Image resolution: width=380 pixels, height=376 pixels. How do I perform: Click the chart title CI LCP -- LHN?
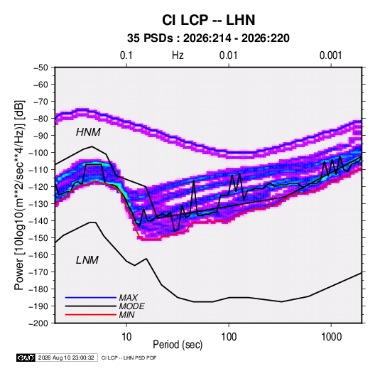[x=208, y=20]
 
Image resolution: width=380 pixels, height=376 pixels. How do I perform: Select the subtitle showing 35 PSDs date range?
[x=208, y=38]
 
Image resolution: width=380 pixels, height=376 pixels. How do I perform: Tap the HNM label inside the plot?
[x=88, y=132]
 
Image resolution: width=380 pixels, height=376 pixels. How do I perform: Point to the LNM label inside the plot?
[x=87, y=260]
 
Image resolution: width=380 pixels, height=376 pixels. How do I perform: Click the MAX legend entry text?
[x=129, y=298]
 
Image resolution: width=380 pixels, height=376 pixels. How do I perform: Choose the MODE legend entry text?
[x=132, y=306]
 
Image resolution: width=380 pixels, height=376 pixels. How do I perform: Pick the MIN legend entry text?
[x=126, y=315]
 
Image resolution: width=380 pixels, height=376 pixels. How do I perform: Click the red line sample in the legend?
[x=91, y=315]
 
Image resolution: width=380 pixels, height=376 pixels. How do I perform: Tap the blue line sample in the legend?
[x=91, y=298]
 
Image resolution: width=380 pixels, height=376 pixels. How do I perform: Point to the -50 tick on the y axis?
[x=40, y=68]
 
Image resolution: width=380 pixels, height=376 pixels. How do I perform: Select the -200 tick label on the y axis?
[x=38, y=323]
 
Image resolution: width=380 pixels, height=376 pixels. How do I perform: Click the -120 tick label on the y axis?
[x=38, y=187]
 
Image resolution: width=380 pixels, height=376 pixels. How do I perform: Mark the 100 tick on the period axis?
[x=229, y=337]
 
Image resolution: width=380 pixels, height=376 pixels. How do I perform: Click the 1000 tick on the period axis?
[x=331, y=337]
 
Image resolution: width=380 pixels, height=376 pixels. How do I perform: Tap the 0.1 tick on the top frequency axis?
[x=126, y=55]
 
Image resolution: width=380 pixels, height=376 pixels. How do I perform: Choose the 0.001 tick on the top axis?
[x=330, y=55]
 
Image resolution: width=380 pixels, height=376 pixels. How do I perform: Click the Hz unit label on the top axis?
[x=178, y=55]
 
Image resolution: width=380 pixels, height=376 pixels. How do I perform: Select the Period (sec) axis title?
[x=178, y=345]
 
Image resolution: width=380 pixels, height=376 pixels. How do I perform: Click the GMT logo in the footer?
[x=26, y=358]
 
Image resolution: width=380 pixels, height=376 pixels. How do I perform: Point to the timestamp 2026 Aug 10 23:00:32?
[x=66, y=358]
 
